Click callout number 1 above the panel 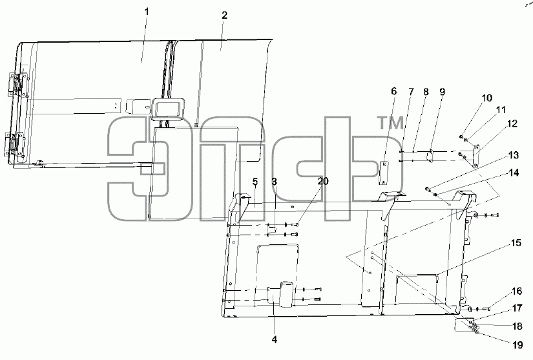coord(147,12)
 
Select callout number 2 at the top coord(224,16)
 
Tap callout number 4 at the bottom coord(275,339)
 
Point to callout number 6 coord(393,91)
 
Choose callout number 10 coord(487,98)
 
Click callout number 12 coord(512,123)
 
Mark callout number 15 coord(516,243)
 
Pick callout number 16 coord(517,291)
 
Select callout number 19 coord(517,345)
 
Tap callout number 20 coord(323,181)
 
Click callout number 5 coord(255,182)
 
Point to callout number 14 coord(514,173)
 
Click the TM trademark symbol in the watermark coord(391,123)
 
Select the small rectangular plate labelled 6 coord(383,173)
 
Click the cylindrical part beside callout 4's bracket coord(286,294)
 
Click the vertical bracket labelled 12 coord(476,156)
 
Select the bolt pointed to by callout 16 coord(486,309)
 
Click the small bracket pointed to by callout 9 coord(430,156)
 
